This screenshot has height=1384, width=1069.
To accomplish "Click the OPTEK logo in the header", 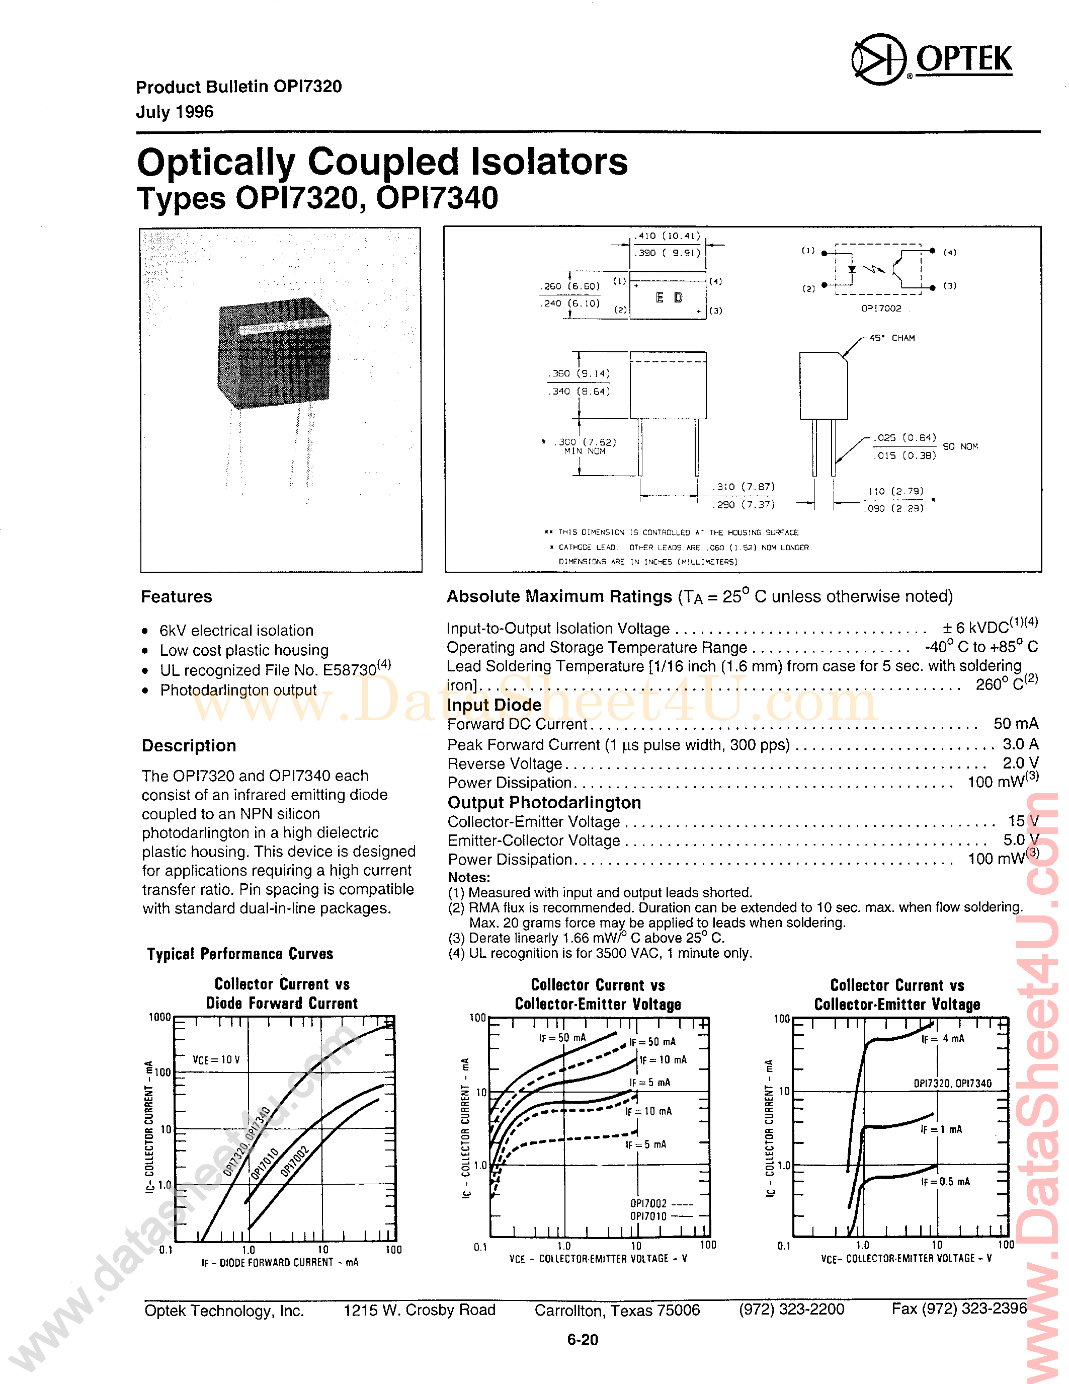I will click(x=931, y=59).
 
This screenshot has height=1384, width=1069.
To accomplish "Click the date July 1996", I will click(x=174, y=112).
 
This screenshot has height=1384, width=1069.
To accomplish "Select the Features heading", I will click(x=176, y=596).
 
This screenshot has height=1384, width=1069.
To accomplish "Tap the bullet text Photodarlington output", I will click(x=237, y=690).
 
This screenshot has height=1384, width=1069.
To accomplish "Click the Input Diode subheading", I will click(x=494, y=705).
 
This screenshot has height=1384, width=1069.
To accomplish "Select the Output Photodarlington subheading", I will click(x=544, y=802).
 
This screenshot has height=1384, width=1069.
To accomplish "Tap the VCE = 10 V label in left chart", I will click(x=216, y=1059).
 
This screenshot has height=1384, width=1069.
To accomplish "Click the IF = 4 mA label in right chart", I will click(x=942, y=1039).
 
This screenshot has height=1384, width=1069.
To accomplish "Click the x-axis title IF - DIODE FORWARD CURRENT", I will click(x=279, y=1262).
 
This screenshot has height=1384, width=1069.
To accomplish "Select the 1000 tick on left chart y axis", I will click(x=159, y=1018).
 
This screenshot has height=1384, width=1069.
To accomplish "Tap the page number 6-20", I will click(x=582, y=1340).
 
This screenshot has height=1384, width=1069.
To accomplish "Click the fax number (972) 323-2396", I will click(x=959, y=1309).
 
